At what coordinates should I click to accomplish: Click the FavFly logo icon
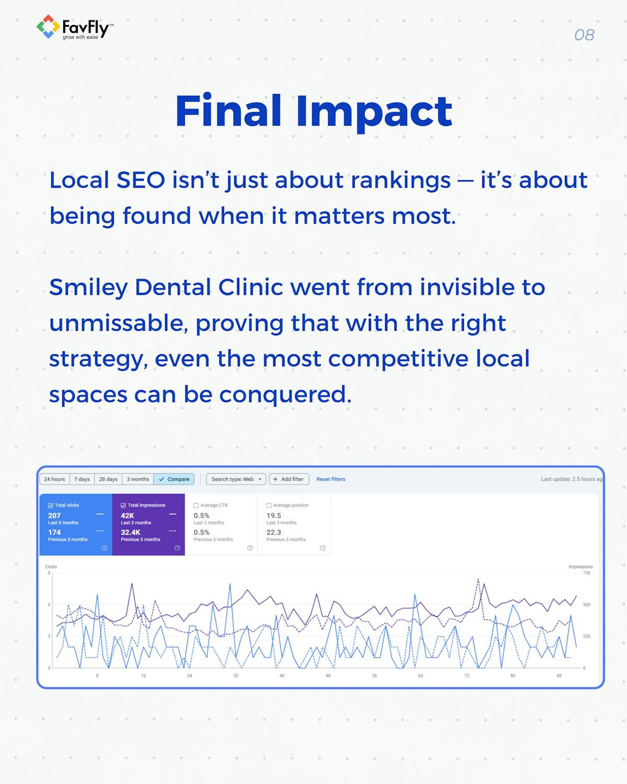point(48,27)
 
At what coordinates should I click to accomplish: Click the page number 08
point(584,35)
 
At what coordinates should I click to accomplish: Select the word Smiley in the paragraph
point(88,288)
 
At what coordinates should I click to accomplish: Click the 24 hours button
point(54,479)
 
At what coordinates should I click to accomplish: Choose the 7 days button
point(82,479)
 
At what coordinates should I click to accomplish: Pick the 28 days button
point(108,479)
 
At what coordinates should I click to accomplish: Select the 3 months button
point(138,479)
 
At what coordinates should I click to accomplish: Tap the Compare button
point(174,479)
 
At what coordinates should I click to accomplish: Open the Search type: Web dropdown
point(236,479)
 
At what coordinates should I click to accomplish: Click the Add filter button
point(288,479)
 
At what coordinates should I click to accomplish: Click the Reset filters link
point(331,479)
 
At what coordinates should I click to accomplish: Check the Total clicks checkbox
point(51,505)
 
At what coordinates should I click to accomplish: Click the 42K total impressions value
point(127,515)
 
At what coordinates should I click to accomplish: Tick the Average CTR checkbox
point(196,505)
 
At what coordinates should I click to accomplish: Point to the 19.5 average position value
point(274,515)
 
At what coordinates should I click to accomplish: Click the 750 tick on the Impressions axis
point(587,573)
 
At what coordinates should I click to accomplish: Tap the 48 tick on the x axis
point(328,676)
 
